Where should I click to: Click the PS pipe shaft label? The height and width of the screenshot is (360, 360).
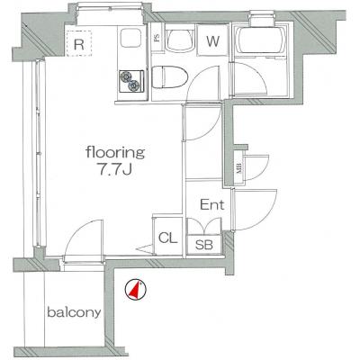(157, 39)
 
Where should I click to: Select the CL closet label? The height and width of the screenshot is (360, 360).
(167, 238)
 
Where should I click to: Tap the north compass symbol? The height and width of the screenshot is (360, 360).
(136, 290)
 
